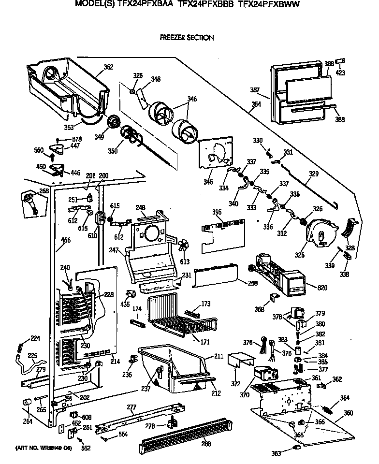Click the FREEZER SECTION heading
pyautogui.click(x=187, y=37)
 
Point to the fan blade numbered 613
pyautogui.click(x=183, y=246)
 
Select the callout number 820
pyautogui.click(x=322, y=288)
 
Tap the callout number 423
pyautogui.click(x=340, y=74)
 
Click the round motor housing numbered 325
pyautogui.click(x=320, y=234)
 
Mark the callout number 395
pyautogui.click(x=217, y=212)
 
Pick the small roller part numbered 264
pyautogui.click(x=28, y=403)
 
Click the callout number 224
pyautogui.click(x=22, y=338)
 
